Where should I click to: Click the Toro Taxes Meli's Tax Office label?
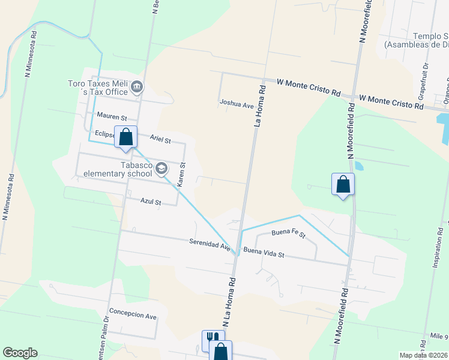pos(99,88)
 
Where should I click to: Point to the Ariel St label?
pos(160,140)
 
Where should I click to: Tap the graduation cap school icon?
pos(161,169)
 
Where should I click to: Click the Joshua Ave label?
pos(237,104)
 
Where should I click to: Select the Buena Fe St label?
pos(288,232)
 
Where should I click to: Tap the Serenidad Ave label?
pos(209,245)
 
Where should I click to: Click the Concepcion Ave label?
pos(133,316)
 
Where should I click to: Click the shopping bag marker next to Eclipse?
pos(126,137)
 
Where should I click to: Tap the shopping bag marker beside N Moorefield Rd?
pos(343,184)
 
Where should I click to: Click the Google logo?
pos(20,353)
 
